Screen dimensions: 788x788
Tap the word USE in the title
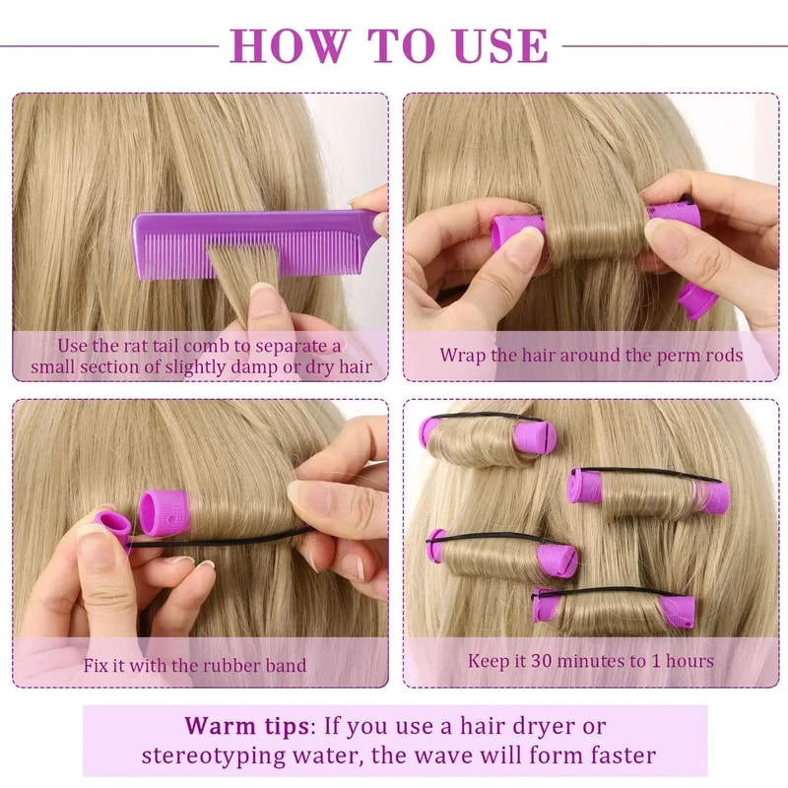pos(498,45)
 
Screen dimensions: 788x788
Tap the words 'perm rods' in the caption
pos(706,355)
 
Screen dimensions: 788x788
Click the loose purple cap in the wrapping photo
pos(696,299)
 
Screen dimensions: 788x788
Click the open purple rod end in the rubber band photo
pos(160,511)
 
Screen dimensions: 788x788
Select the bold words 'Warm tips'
pos(245,727)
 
